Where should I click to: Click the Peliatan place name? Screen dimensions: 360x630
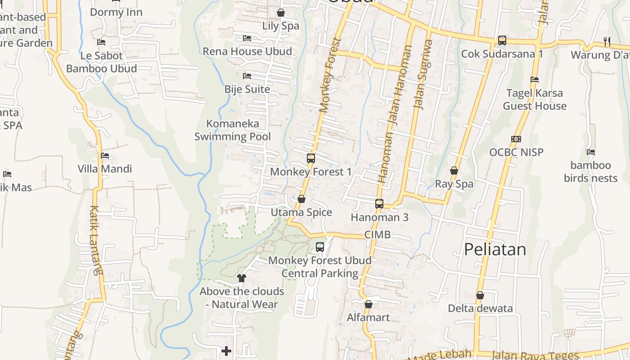pos(495,249)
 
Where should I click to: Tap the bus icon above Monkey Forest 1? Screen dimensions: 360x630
pos(311,158)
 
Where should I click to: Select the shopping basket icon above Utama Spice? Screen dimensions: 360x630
pos(301,199)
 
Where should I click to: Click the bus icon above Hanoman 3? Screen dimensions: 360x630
pos(379,204)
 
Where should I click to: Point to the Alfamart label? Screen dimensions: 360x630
pos(368,318)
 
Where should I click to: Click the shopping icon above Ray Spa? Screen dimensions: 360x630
pos(454,171)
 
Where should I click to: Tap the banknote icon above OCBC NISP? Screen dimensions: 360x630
pos(516,139)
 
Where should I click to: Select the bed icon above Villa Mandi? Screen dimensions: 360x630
pos(105,156)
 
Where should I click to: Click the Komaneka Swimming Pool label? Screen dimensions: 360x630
pos(233,130)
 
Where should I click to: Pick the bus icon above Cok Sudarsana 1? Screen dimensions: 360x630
pos(502,40)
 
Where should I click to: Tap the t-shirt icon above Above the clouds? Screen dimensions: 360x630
pos(242,278)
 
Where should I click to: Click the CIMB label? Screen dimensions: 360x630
pos(377,234)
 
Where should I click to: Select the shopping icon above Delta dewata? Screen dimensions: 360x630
pos(480,296)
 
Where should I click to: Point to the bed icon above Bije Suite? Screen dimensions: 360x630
pos(247,76)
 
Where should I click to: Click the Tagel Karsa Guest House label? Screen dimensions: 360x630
pos(535,99)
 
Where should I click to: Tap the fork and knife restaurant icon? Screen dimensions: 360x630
pos(607,42)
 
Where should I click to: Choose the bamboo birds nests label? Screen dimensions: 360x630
pos(590,171)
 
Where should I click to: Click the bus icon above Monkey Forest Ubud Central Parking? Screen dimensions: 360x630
pos(320,247)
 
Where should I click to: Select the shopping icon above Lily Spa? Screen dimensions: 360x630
pos(281,13)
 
